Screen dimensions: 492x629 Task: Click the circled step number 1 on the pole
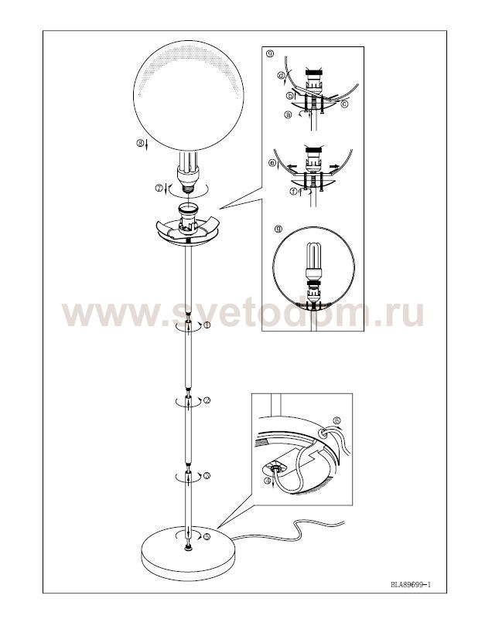tap(207, 325)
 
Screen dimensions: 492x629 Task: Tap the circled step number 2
tap(207, 400)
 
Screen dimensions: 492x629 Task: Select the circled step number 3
tap(207, 476)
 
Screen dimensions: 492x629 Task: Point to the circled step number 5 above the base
tap(207, 536)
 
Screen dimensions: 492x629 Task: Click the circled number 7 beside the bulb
tap(159, 187)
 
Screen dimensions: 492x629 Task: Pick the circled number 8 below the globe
tap(140, 142)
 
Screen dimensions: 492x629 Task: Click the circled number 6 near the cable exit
tap(337, 420)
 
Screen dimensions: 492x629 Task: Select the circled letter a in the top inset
tap(288, 114)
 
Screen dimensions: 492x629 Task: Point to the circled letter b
tap(289, 96)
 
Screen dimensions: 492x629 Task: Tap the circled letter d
tap(282, 75)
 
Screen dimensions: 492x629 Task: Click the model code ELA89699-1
tap(411, 584)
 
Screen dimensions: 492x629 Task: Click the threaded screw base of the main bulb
tap(188, 187)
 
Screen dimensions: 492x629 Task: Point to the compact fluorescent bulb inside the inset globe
tap(313, 260)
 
